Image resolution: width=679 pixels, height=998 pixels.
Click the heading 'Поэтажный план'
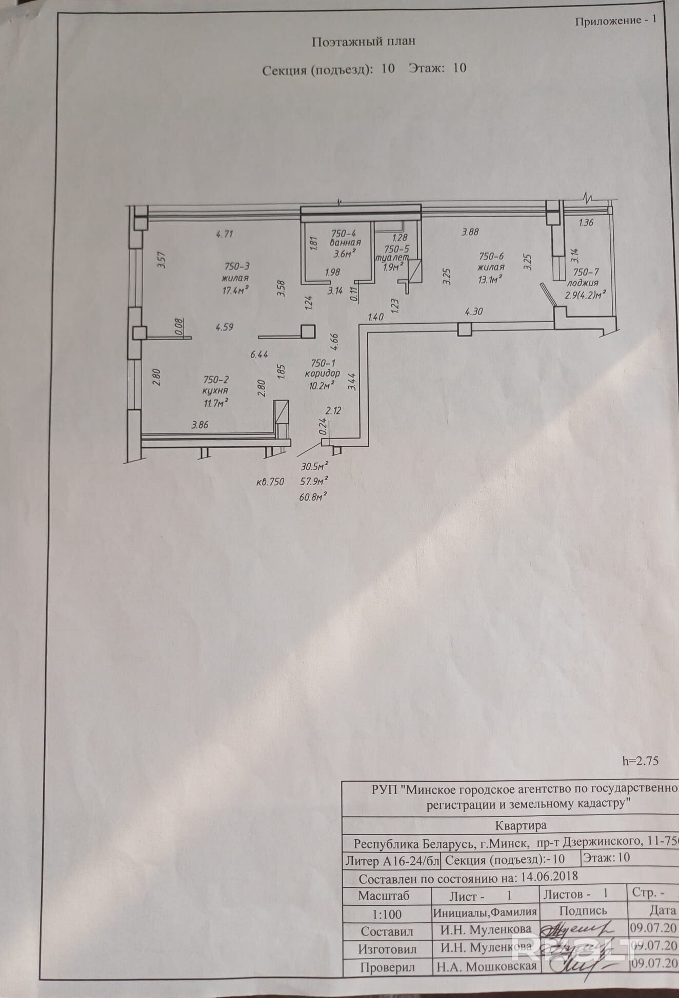tap(363, 42)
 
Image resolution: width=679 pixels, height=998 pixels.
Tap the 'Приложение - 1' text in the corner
tap(615, 21)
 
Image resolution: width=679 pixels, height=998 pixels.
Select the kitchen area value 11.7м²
tap(216, 403)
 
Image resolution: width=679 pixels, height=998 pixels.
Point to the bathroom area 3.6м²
tap(344, 253)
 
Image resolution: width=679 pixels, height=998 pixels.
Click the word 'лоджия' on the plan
tap(582, 283)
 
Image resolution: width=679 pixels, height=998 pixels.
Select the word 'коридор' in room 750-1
tap(322, 373)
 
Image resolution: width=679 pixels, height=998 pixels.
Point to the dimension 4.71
tap(225, 234)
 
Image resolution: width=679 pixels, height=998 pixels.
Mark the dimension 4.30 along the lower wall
tap(474, 311)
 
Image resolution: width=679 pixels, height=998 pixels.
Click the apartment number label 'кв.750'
tap(270, 482)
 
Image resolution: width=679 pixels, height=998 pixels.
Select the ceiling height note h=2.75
tap(640, 761)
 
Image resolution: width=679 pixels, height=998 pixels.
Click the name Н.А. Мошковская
tap(486, 966)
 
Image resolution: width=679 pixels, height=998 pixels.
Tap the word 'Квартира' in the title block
tap(521, 825)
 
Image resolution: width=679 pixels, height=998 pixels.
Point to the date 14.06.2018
tap(549, 877)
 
